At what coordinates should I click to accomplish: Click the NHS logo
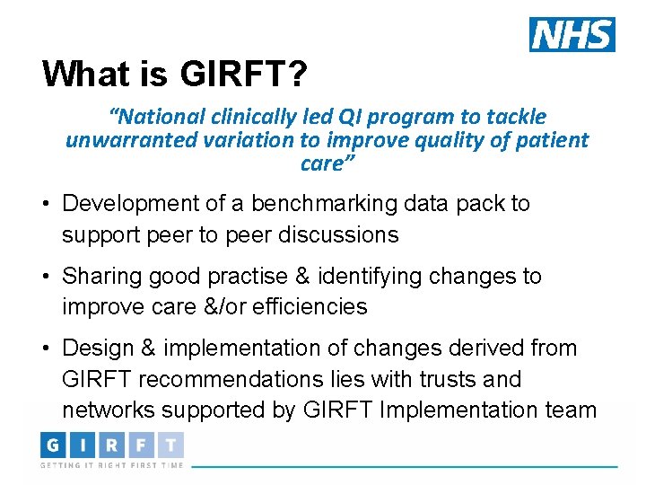[x=572, y=34]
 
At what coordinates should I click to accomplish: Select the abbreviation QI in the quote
[x=349, y=117]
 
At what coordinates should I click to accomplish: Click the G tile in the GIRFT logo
[x=54, y=445]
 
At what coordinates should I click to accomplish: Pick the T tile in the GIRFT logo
[x=170, y=445]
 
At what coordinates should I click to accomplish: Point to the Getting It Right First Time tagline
[x=111, y=465]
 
